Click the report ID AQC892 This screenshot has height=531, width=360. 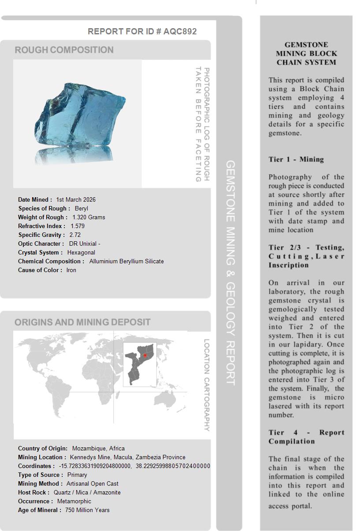(x=180, y=32)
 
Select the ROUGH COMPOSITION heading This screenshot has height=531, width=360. (x=64, y=50)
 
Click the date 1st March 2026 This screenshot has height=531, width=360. (x=76, y=200)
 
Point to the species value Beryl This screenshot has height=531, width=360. (x=82, y=209)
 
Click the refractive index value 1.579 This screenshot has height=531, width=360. (x=78, y=226)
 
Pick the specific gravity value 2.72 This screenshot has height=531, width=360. (x=75, y=235)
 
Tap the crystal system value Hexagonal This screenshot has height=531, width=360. (x=81, y=253)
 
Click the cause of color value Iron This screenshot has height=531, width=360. (x=71, y=270)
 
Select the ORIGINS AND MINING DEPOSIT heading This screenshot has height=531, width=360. (x=82, y=322)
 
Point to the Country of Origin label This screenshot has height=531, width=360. (x=43, y=449)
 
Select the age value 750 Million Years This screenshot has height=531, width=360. (x=87, y=510)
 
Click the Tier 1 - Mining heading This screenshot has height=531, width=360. (x=296, y=159)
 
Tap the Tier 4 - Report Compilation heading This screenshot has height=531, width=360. (x=306, y=437)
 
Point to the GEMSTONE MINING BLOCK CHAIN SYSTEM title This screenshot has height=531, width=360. (x=306, y=54)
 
